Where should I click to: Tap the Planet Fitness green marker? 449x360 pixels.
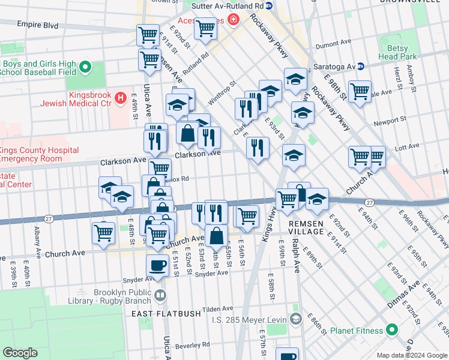click(x=392, y=331)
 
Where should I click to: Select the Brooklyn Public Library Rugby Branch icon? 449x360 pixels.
click(x=160, y=295)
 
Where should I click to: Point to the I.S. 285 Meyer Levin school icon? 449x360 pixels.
click(x=295, y=319)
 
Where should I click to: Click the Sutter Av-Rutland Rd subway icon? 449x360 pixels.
click(x=270, y=5)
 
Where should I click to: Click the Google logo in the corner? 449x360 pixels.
click(x=20, y=353)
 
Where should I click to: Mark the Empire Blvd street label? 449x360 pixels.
click(x=37, y=25)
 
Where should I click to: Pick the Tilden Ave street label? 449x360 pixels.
click(x=217, y=309)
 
